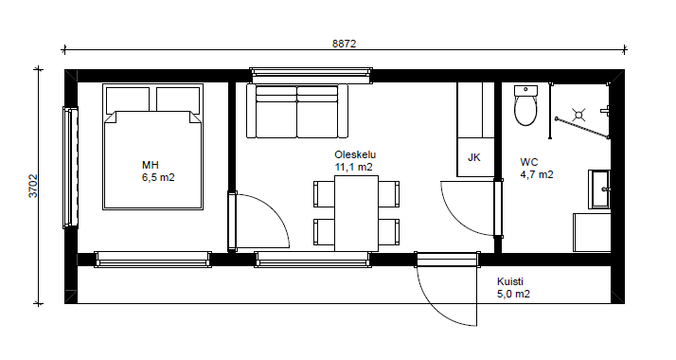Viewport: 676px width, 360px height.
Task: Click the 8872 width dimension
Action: (x=344, y=44)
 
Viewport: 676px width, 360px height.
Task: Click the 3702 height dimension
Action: (x=34, y=186)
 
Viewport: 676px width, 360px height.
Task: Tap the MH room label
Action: (x=151, y=165)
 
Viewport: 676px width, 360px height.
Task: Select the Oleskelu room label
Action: (x=355, y=154)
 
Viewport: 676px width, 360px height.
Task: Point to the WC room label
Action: (x=529, y=163)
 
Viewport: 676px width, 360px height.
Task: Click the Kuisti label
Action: (x=510, y=282)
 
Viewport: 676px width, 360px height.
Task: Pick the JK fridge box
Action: (x=475, y=157)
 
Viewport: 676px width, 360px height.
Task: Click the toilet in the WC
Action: (x=526, y=105)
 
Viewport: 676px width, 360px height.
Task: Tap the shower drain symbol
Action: (x=578, y=115)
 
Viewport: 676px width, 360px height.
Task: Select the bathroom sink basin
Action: (x=599, y=189)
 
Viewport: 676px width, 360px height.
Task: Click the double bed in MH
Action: (x=152, y=147)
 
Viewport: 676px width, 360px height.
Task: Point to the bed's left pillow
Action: (x=128, y=99)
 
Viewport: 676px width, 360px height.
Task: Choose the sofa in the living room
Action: (x=297, y=111)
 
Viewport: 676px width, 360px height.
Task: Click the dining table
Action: (x=357, y=213)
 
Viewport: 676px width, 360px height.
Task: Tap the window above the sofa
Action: (x=311, y=76)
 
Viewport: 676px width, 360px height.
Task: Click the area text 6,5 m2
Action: (x=158, y=177)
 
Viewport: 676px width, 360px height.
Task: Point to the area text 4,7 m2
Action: (x=537, y=174)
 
